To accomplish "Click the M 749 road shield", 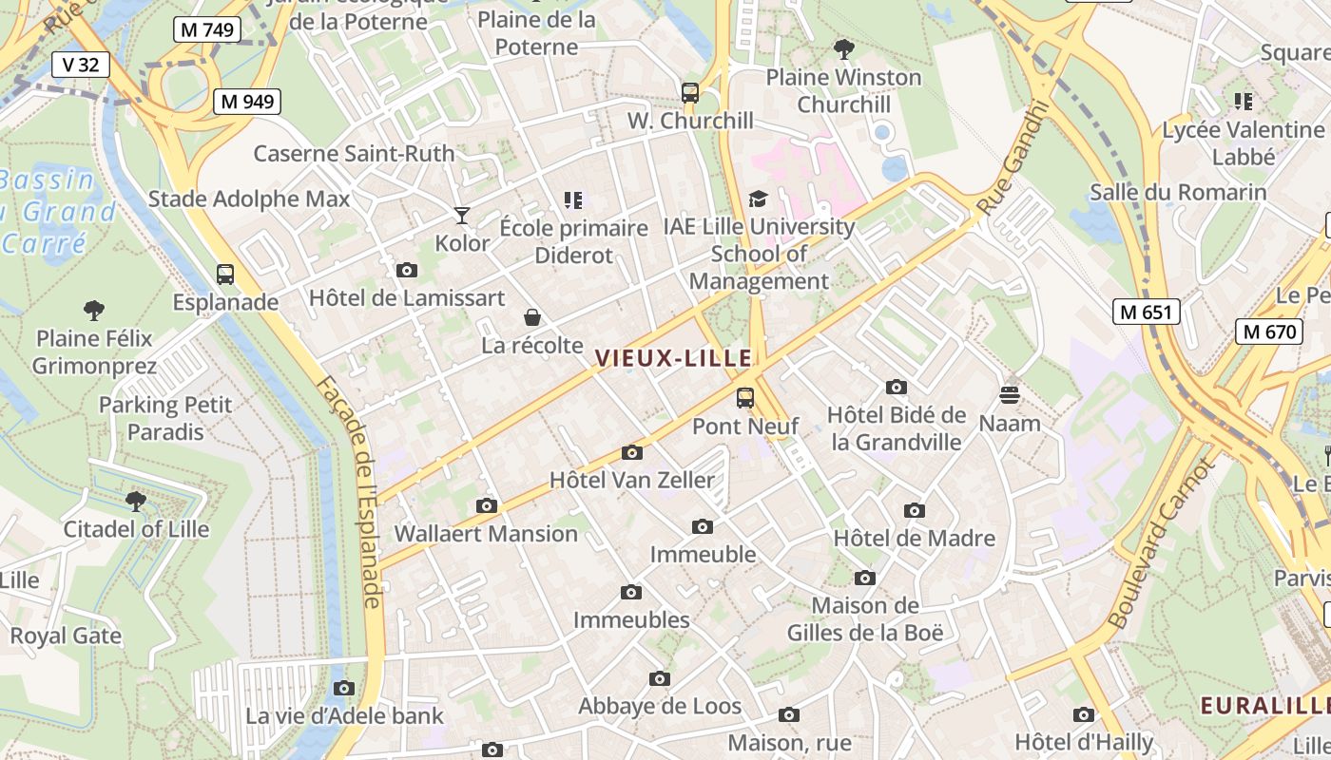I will click(x=206, y=29).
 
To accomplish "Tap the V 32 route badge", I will click(x=80, y=65).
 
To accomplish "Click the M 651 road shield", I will click(x=1147, y=312).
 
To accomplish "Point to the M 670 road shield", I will click(x=1268, y=332).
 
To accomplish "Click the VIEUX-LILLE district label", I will click(x=673, y=358).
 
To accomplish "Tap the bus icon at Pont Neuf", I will click(x=745, y=398).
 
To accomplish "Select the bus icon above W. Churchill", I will click(x=690, y=93).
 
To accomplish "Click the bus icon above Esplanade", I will click(x=225, y=275).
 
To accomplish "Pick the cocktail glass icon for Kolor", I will click(x=462, y=216).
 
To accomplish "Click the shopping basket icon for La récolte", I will click(x=532, y=317).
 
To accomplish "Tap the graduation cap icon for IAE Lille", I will click(x=758, y=199).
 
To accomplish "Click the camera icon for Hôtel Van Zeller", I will click(x=632, y=452).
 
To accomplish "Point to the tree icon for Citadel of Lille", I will click(x=136, y=501).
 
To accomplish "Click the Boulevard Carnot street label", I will click(x=1160, y=543).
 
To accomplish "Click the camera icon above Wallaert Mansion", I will click(x=487, y=505).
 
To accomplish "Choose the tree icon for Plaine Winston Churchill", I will click(x=843, y=48).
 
